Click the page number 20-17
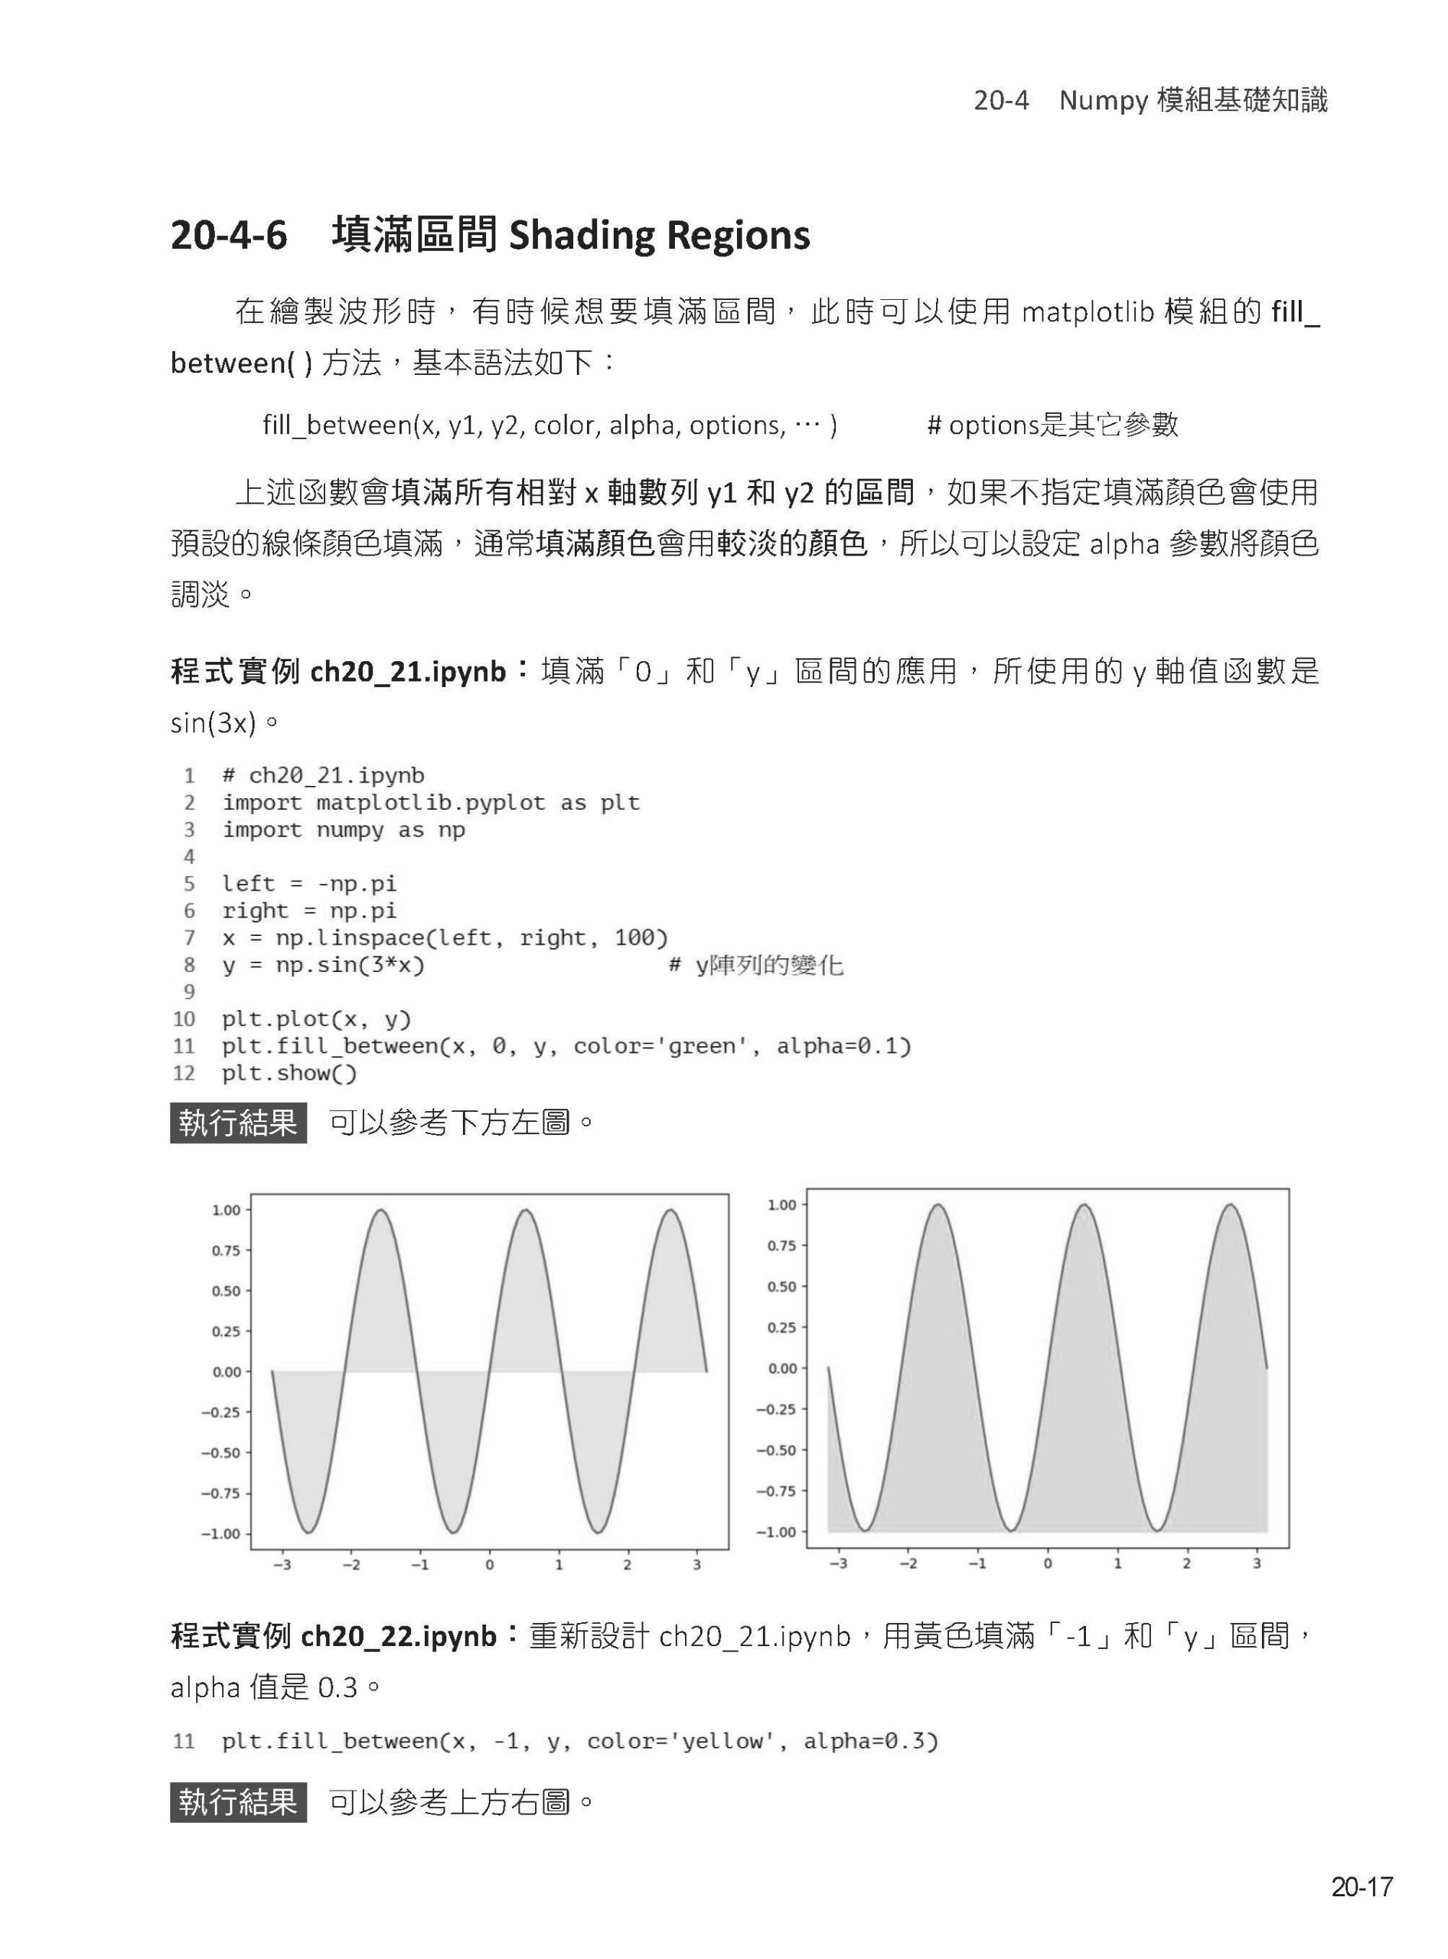pos(1362,1886)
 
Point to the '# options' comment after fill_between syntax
pos(982,425)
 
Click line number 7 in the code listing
pos(189,938)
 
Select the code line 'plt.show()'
pos(289,1073)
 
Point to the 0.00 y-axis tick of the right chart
pos(782,1368)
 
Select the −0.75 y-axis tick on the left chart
pos(222,1493)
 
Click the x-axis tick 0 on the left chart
pos(489,1565)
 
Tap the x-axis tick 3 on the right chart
pos(1256,1563)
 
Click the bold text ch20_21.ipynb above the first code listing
pos(408,673)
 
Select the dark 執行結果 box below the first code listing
pos(239,1123)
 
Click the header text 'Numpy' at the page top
pos(1103,101)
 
